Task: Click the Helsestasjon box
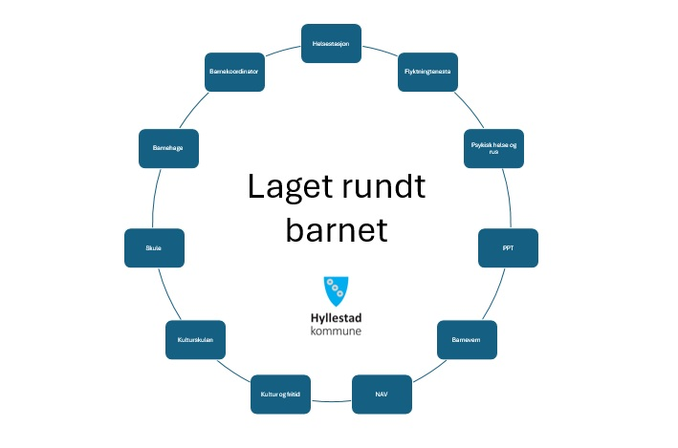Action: click(331, 44)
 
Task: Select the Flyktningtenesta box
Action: click(427, 73)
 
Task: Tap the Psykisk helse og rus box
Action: click(492, 148)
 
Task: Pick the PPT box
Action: click(508, 247)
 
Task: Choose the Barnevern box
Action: click(467, 338)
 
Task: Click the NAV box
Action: click(382, 394)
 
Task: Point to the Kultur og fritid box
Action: click(280, 394)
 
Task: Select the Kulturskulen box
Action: click(195, 339)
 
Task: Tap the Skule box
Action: click(154, 247)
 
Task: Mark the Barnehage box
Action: click(168, 148)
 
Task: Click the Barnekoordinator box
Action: click(235, 73)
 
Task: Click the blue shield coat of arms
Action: click(336, 290)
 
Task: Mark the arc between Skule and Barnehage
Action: click(155, 200)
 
